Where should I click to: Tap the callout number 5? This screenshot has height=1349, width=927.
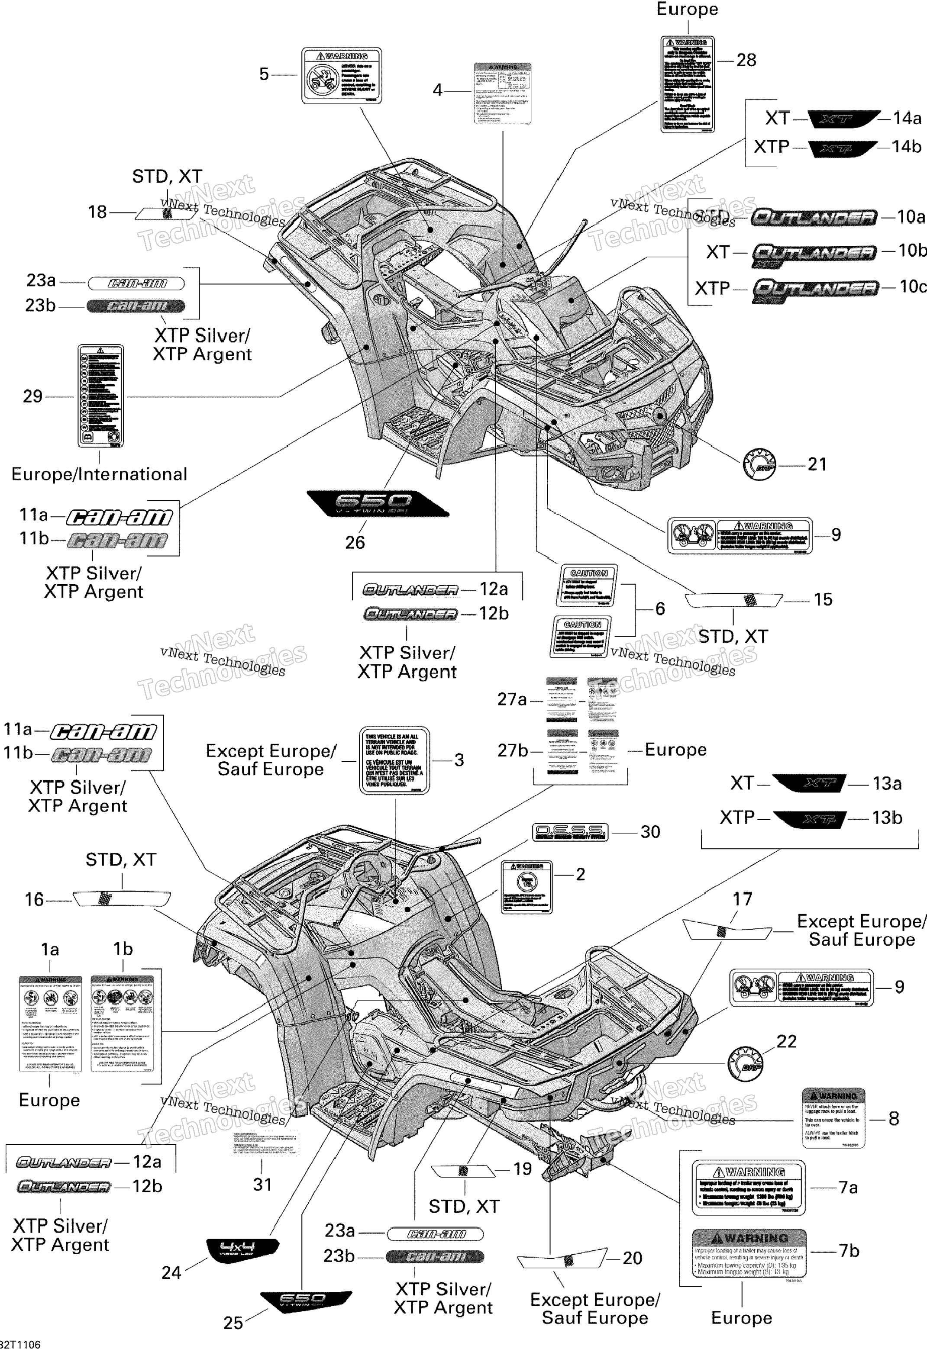tap(264, 74)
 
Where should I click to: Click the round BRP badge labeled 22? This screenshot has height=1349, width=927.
tap(745, 1063)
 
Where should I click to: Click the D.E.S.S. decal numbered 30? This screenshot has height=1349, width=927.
tap(570, 832)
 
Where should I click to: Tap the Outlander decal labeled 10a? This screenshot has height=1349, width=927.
tap(813, 218)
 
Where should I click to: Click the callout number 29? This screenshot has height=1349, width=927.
tap(32, 396)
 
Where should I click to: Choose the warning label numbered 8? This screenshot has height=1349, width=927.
tap(833, 1117)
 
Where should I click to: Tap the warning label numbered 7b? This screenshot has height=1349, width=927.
tap(749, 1252)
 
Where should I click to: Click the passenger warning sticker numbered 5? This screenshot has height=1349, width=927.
tap(342, 75)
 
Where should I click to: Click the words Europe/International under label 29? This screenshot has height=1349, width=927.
tap(99, 474)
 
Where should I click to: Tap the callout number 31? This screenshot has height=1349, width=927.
tap(262, 1184)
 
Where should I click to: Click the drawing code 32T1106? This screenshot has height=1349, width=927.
tap(20, 1344)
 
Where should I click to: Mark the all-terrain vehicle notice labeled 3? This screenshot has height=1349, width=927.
tap(394, 760)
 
